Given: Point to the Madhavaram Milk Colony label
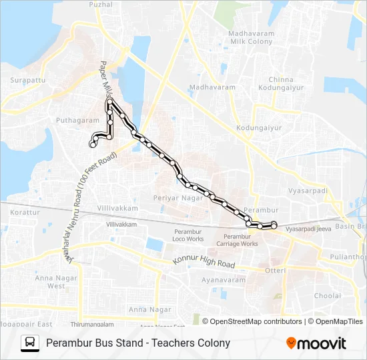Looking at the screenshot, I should [x=250, y=37].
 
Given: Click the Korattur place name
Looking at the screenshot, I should [x=25, y=212].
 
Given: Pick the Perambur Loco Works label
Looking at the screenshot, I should [x=188, y=235].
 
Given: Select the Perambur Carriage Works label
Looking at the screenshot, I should [x=240, y=240].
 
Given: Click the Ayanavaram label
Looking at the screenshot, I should [x=224, y=280].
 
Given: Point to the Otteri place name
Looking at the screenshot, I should [x=276, y=270].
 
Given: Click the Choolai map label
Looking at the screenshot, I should [x=327, y=295].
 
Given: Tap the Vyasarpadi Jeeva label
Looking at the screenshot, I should [x=308, y=228].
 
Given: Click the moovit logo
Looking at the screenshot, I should [x=316, y=343].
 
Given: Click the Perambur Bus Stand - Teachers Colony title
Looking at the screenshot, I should [x=138, y=343].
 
